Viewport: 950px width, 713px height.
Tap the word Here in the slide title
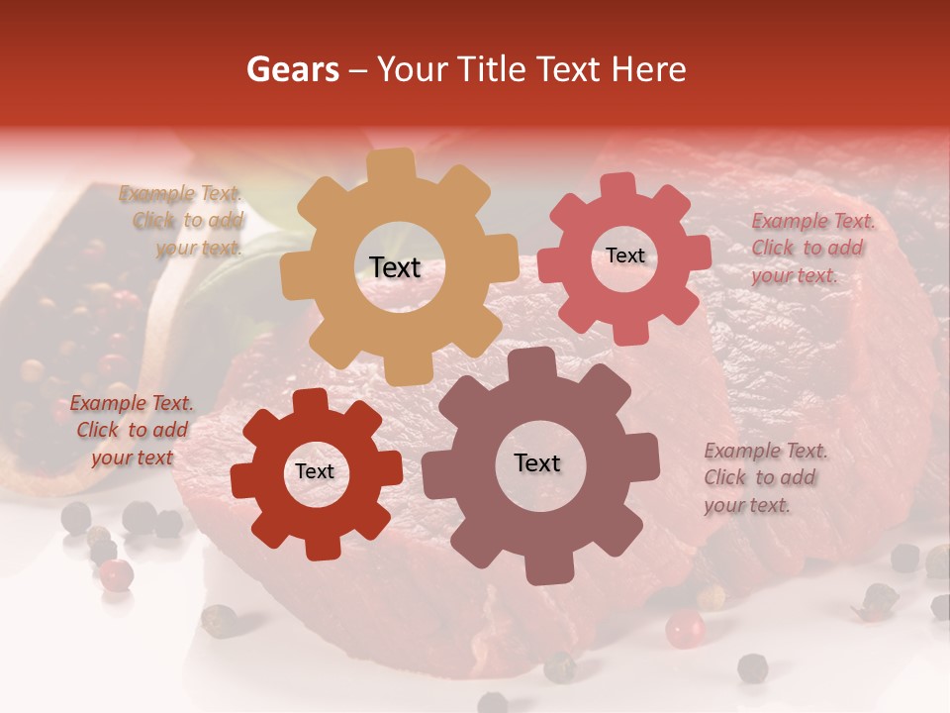pyautogui.click(x=649, y=69)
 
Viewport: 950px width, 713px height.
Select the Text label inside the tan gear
pyautogui.click(x=396, y=267)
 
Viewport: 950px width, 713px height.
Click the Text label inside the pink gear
pyautogui.click(x=624, y=255)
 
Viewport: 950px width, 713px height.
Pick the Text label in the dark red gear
pyautogui.click(x=315, y=471)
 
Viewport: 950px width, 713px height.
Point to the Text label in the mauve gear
pyautogui.click(x=537, y=462)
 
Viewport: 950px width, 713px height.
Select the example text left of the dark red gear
pyautogui.click(x=131, y=430)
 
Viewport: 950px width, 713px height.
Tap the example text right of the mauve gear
pyautogui.click(x=764, y=477)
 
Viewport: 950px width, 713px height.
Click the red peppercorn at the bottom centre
pyautogui.click(x=684, y=628)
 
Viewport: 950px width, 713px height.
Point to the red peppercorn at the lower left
pyautogui.click(x=117, y=574)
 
